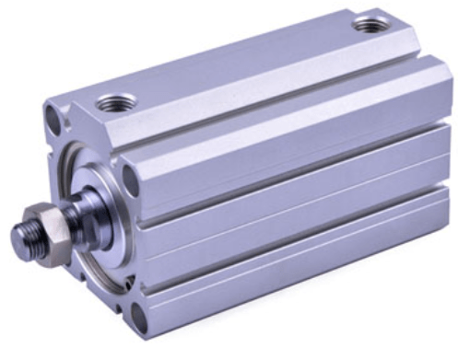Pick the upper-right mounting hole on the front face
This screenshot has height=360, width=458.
(130, 180)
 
